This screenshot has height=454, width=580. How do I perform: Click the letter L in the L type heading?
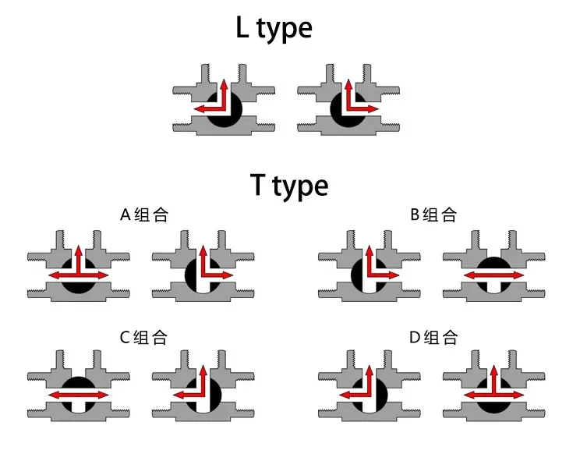pyautogui.click(x=242, y=27)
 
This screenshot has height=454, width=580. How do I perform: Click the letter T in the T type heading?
pyautogui.click(x=258, y=184)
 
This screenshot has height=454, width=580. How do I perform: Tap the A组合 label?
pyautogui.click(x=144, y=215)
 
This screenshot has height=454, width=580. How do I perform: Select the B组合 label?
pyautogui.click(x=433, y=215)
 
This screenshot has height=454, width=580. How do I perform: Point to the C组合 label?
pyautogui.click(x=143, y=337)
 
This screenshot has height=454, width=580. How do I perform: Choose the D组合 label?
pyautogui.click(x=433, y=337)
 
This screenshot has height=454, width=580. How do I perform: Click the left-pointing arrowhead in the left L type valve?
pyautogui.click(x=200, y=108)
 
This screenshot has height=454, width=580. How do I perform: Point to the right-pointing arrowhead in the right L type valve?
pyautogui.click(x=373, y=108)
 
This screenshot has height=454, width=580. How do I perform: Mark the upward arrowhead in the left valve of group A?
pyautogui.click(x=79, y=250)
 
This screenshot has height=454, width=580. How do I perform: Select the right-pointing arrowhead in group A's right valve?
pyautogui.click(x=228, y=275)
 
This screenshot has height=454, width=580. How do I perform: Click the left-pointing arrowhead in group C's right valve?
pyautogui.click(x=179, y=395)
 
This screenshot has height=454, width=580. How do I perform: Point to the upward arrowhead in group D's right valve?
pyautogui.click(x=493, y=369)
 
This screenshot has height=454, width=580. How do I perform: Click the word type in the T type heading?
pyautogui.click(x=300, y=186)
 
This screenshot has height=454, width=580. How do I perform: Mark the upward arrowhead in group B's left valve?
pyautogui.click(x=370, y=250)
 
